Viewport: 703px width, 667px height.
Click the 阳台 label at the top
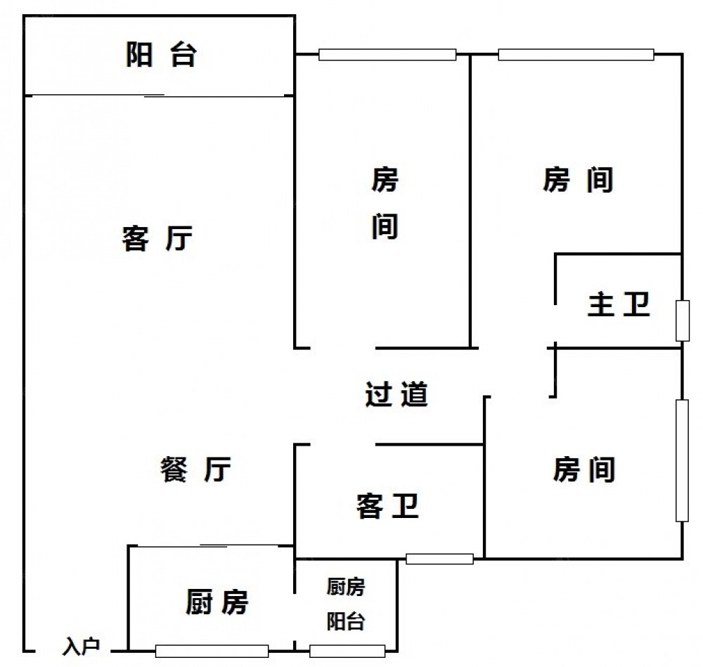pos(160,55)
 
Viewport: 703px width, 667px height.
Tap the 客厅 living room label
pos(157,239)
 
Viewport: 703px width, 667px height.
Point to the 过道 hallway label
pos(396,394)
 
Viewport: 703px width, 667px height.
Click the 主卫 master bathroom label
pos(618,306)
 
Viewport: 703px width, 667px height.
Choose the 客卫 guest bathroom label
pos(387,506)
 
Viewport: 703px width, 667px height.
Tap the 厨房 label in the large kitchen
pos(217,602)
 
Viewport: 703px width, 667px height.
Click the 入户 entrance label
pos(82,646)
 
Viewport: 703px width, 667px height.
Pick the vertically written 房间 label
pos(385,204)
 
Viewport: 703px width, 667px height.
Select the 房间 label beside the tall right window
pos(584,470)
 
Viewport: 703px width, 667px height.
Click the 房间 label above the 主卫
pos(578,181)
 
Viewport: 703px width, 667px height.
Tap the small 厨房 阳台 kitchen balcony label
pos(346,604)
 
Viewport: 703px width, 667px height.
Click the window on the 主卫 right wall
pos(681,320)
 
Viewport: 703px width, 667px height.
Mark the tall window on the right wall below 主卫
pos(682,460)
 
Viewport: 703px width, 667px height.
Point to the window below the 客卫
pos(439,559)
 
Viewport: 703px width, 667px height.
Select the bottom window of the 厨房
pos(212,651)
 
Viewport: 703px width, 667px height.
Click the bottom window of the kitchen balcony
pos(347,651)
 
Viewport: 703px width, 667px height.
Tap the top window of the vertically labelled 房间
pos(387,54)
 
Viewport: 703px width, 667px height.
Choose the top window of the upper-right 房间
pos(576,54)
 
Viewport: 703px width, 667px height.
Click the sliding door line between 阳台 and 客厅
pos(158,95)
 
